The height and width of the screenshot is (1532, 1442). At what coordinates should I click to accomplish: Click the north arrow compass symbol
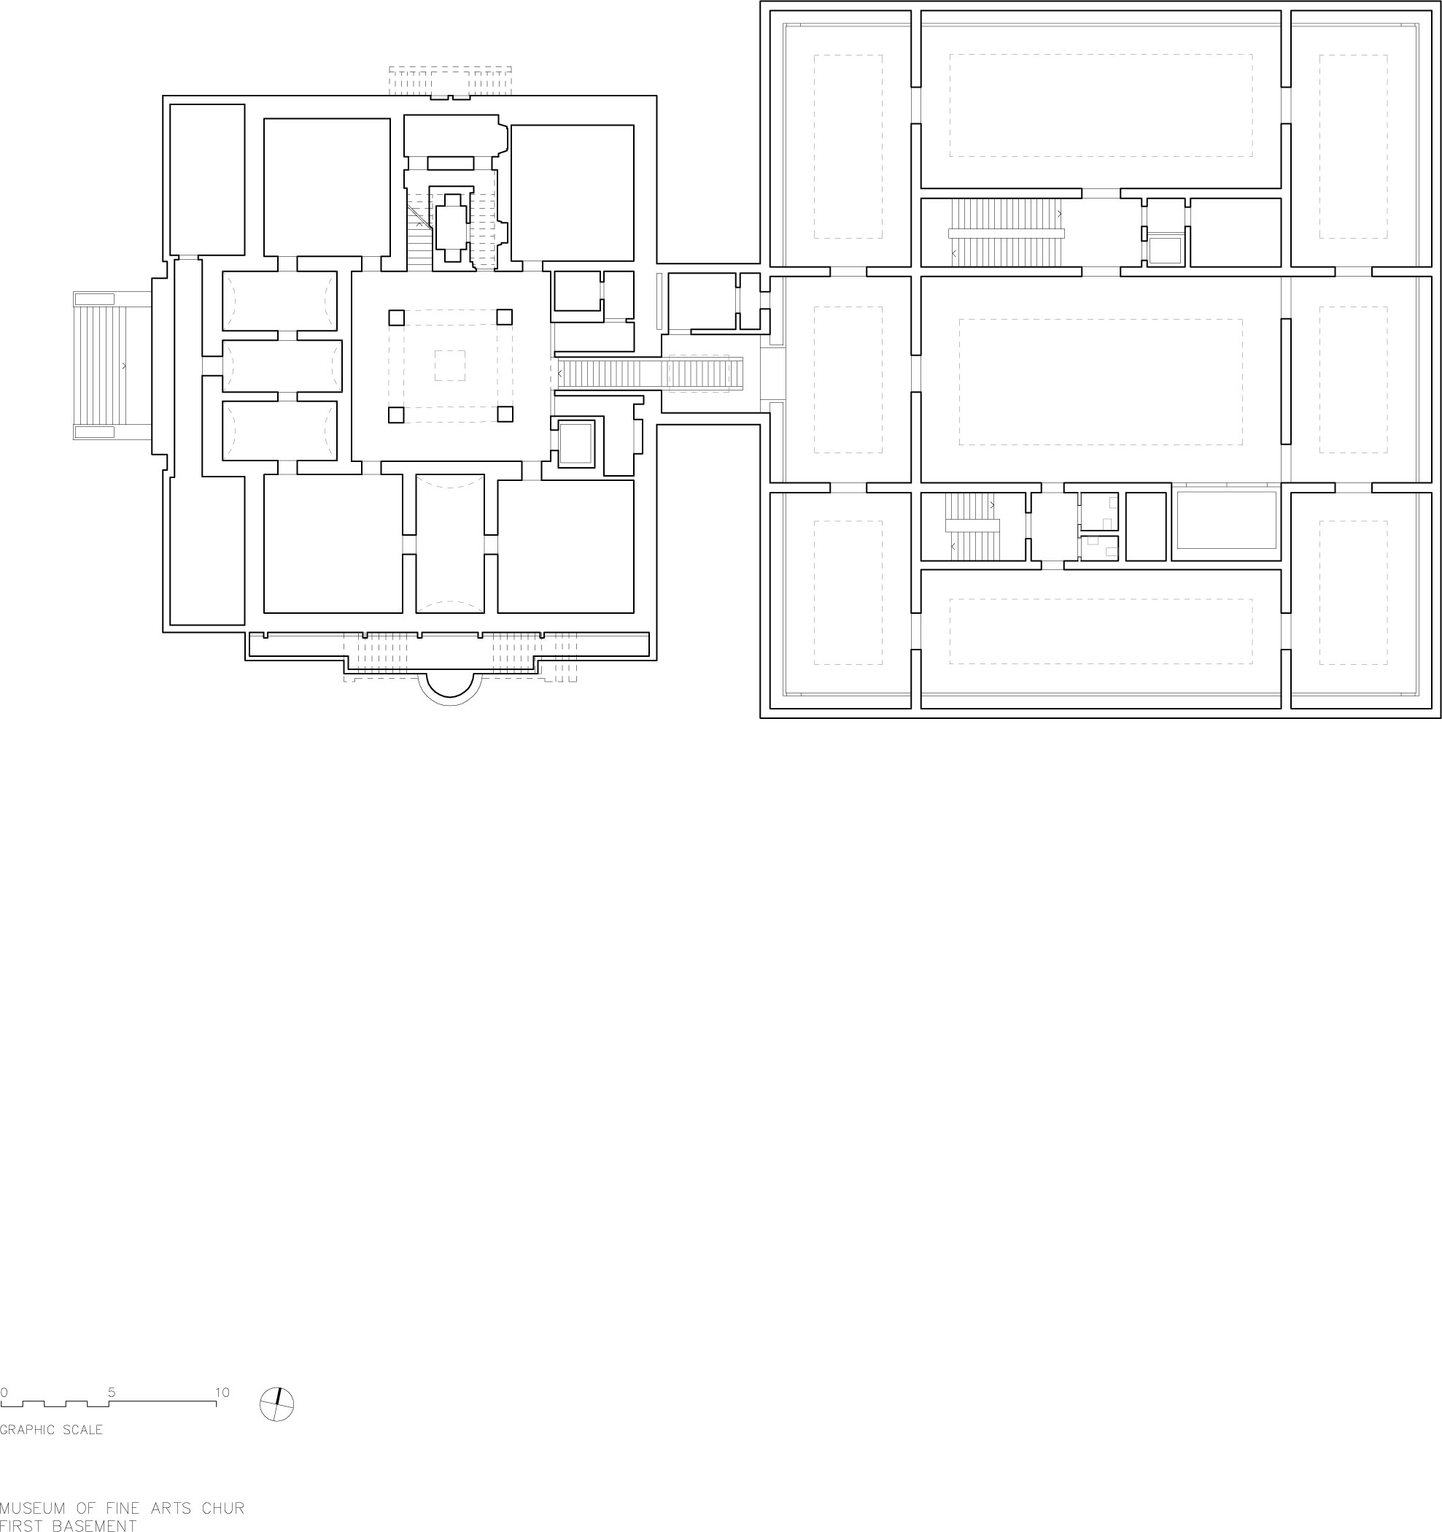pyautogui.click(x=277, y=1404)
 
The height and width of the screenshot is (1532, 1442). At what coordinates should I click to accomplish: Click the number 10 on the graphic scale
pyautogui.click(x=222, y=1393)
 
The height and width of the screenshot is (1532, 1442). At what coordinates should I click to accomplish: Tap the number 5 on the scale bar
pyautogui.click(x=112, y=1393)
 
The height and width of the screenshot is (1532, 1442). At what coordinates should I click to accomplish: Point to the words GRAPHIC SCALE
pyautogui.click(x=52, y=1430)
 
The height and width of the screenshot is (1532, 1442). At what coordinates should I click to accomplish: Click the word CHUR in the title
pyautogui.click(x=222, y=1508)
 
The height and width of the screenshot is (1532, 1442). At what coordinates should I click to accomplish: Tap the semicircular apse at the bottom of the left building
pyautogui.click(x=450, y=688)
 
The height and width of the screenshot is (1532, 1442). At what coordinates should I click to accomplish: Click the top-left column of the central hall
pyautogui.click(x=396, y=317)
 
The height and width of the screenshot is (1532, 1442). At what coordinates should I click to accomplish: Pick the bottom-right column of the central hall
pyautogui.click(x=505, y=415)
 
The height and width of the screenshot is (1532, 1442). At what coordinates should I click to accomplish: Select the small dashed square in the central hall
pyautogui.click(x=450, y=365)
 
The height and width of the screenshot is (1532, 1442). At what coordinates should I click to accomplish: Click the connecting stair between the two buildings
pyautogui.click(x=647, y=374)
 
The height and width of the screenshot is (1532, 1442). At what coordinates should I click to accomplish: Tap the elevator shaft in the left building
pyautogui.click(x=574, y=443)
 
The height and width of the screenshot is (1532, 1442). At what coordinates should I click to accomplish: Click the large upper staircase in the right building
pyautogui.click(x=1006, y=233)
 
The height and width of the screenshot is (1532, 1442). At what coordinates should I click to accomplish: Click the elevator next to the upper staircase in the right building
pyautogui.click(x=1164, y=250)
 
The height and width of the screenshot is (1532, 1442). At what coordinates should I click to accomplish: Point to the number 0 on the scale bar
pyautogui.click(x=4, y=1393)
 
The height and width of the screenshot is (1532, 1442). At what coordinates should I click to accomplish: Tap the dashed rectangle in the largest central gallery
pyautogui.click(x=1100, y=382)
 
